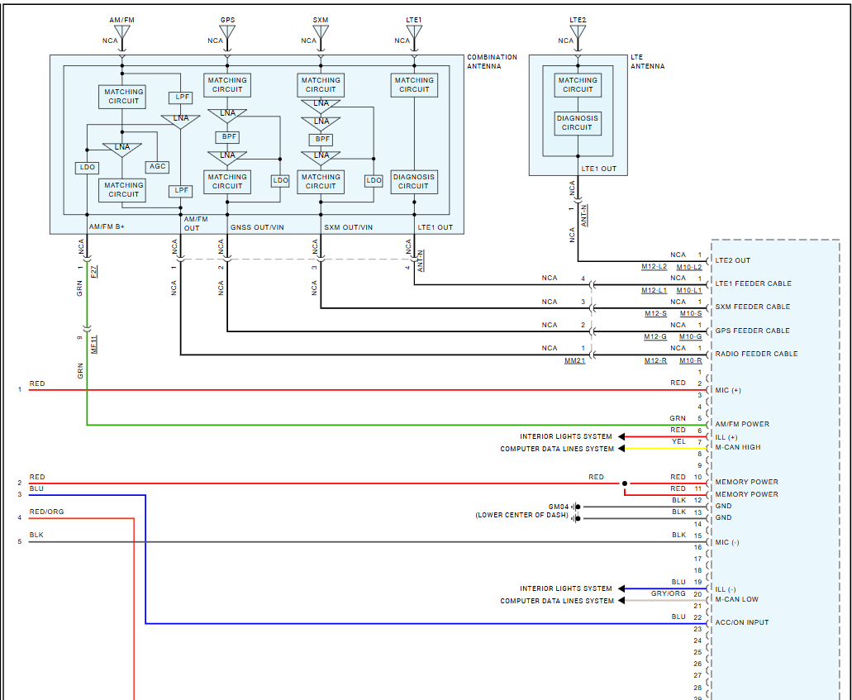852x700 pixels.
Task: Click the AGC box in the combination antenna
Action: pos(157,166)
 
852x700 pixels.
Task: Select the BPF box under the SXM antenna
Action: pos(321,140)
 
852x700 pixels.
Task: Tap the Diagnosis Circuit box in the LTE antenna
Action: pos(578,123)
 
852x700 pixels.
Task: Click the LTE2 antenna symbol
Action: pos(578,33)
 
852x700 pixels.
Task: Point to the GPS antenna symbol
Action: pos(227,33)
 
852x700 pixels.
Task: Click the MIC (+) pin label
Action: pos(728,390)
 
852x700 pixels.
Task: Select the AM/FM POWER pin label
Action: pos(742,424)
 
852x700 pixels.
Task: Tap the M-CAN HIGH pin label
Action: pos(738,447)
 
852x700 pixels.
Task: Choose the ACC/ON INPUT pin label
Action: pos(742,622)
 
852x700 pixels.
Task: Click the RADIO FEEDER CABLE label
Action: pos(756,354)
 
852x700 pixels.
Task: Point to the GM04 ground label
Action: pos(559,506)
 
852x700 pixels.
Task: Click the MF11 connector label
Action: pos(93,344)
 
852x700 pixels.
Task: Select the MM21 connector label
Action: pos(574,360)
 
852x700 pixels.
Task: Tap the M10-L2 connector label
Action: pos(689,267)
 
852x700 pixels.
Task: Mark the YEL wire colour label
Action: pos(678,441)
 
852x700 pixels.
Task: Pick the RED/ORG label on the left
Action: pos(46,512)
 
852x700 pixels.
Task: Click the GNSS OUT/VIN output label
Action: pos(255,226)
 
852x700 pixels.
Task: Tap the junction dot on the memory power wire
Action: pos(625,483)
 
